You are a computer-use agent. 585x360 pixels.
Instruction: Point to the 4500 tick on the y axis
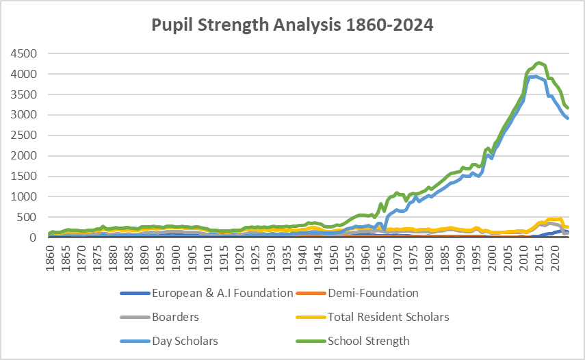[23, 53]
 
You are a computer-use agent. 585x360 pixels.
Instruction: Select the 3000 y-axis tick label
[23, 115]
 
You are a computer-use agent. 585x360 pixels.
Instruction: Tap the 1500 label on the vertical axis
[23, 177]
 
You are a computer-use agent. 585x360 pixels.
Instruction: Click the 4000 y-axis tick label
[23, 74]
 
